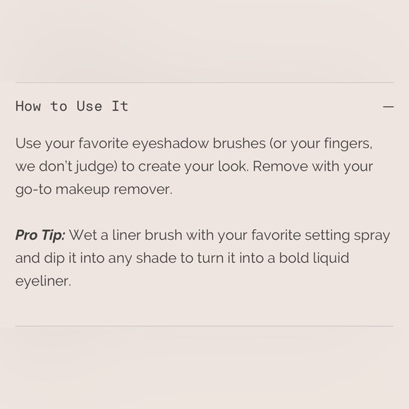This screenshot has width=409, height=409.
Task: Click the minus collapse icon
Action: click(x=388, y=106)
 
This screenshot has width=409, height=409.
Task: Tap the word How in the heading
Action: click(x=28, y=106)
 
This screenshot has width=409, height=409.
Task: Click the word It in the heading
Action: click(x=120, y=106)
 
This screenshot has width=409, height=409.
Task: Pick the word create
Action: click(x=159, y=167)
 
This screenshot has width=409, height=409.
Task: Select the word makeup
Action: click(x=83, y=190)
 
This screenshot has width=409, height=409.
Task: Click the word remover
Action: click(x=143, y=190)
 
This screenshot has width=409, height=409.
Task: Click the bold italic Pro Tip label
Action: click(x=40, y=236)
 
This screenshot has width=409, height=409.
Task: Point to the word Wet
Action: click(x=83, y=236)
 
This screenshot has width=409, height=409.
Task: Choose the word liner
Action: click(x=126, y=235)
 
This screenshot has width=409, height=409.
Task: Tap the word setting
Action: click(x=327, y=236)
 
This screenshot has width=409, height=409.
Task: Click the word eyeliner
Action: click(x=43, y=281)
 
